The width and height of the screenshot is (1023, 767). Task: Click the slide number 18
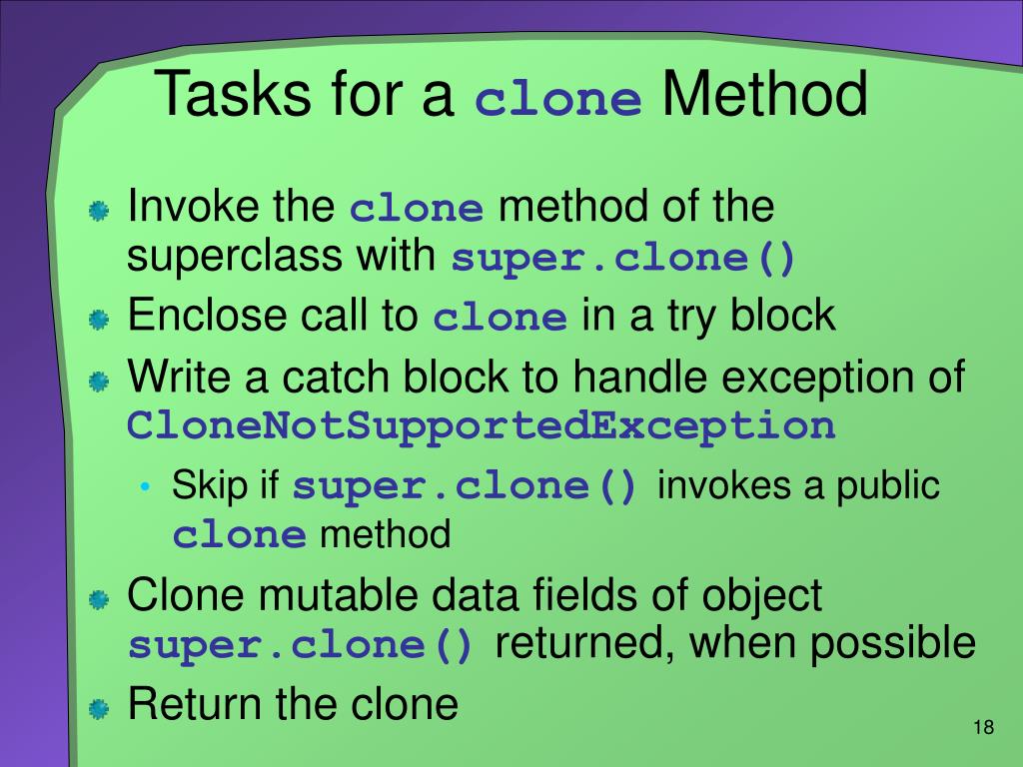pos(983,727)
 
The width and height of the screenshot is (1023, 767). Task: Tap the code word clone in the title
pos(558,101)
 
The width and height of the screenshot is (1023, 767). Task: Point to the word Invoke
pos(187,207)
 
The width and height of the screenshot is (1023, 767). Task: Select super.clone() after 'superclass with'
pos(624,260)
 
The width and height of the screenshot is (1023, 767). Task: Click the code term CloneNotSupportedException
pos(482,426)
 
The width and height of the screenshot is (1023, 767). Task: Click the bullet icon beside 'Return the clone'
pos(98,710)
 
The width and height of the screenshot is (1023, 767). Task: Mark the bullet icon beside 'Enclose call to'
pos(98,321)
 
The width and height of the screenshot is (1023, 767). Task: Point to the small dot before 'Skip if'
pos(146,488)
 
